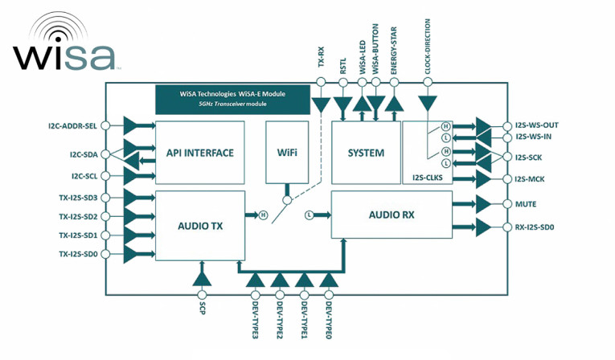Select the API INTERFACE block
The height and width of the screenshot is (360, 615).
(199, 153)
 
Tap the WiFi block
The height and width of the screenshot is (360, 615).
(287, 153)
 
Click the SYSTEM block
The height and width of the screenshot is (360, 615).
(366, 153)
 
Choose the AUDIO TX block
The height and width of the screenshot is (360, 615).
(199, 226)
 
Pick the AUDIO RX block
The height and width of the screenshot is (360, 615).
(392, 215)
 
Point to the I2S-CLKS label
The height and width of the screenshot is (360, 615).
(426, 178)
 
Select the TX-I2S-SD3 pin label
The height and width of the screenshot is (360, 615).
(78, 198)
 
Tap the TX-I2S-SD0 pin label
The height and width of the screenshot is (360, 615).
(78, 255)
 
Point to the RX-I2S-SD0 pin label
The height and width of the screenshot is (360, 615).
(535, 227)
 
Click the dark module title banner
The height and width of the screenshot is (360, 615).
(233, 98)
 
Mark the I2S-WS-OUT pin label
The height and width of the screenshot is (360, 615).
(536, 125)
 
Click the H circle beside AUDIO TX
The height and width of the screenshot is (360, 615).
(262, 215)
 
